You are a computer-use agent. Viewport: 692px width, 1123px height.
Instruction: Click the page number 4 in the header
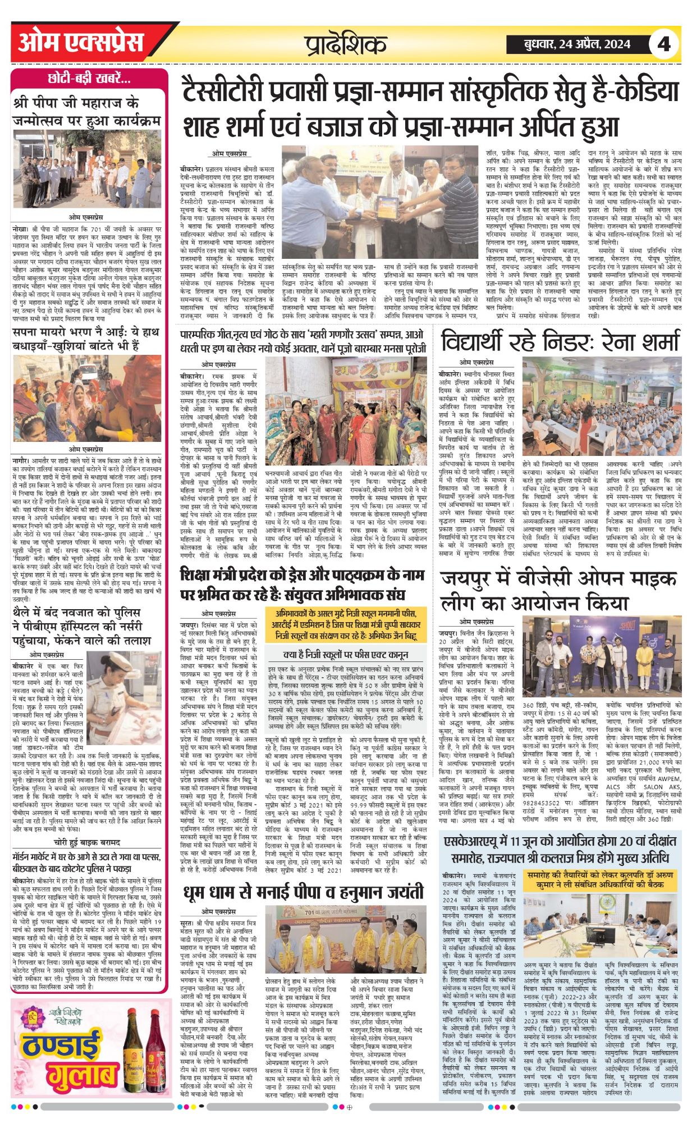point(664,43)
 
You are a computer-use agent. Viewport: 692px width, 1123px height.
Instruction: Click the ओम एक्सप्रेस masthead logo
point(81,43)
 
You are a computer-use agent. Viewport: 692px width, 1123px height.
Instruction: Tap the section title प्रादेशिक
point(346,44)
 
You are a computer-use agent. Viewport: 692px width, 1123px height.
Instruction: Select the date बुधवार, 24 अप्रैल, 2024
point(577,44)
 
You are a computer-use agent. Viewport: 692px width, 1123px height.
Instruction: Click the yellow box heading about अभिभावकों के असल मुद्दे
point(346,624)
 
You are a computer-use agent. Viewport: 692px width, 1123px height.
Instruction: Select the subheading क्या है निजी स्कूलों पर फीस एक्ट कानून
point(346,655)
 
